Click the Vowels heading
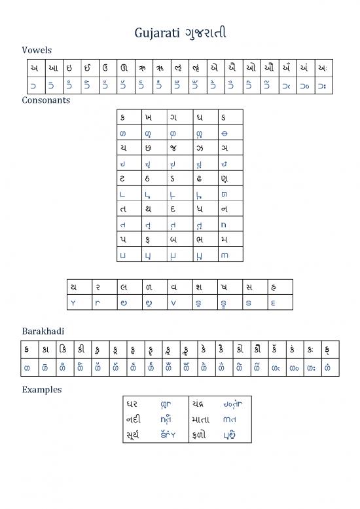(x=37, y=50)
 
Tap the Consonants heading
(x=46, y=100)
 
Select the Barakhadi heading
(x=43, y=331)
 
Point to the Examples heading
(x=42, y=389)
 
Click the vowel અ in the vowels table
(x=33, y=68)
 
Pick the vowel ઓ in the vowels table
(x=251, y=68)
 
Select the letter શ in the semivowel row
(x=198, y=286)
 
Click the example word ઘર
(x=133, y=402)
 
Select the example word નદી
(x=133, y=417)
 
